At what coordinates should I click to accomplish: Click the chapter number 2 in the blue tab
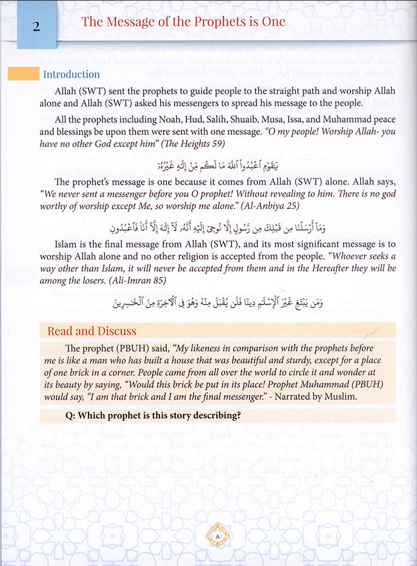(36, 24)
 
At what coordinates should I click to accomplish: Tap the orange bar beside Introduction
(23, 74)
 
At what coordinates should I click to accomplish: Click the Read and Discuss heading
(92, 331)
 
